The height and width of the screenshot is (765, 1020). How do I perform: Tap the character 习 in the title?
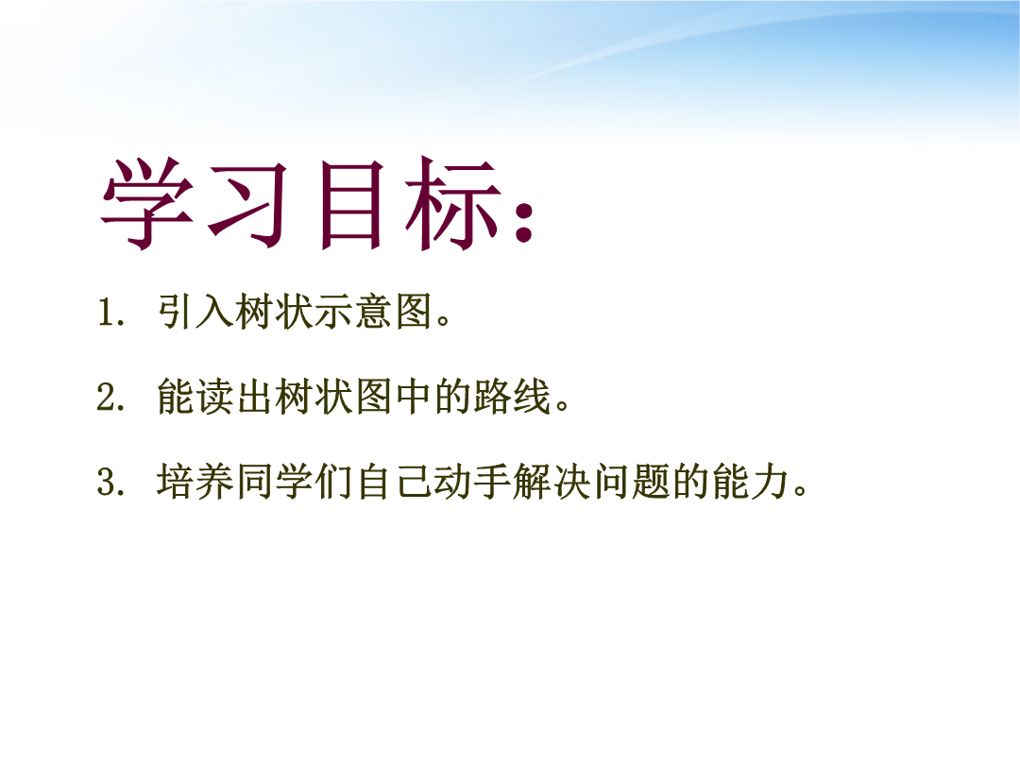248,204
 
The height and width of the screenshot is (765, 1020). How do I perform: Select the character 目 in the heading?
350,205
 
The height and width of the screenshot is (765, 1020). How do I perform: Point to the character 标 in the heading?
454,204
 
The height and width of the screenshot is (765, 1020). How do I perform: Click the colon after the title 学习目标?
524,222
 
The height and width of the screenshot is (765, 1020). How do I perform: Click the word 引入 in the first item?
195,312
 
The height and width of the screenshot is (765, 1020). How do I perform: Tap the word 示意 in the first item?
353,312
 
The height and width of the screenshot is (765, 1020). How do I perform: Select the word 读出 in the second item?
235,396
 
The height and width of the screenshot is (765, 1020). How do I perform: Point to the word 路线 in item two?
512,396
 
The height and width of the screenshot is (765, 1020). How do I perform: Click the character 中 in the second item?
413,396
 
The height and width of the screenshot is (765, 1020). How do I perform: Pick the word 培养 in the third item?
195,482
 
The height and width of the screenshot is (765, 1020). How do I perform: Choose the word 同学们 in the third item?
294,482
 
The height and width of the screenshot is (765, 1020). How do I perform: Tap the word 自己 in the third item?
393,482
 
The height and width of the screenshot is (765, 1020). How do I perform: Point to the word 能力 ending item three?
750,482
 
